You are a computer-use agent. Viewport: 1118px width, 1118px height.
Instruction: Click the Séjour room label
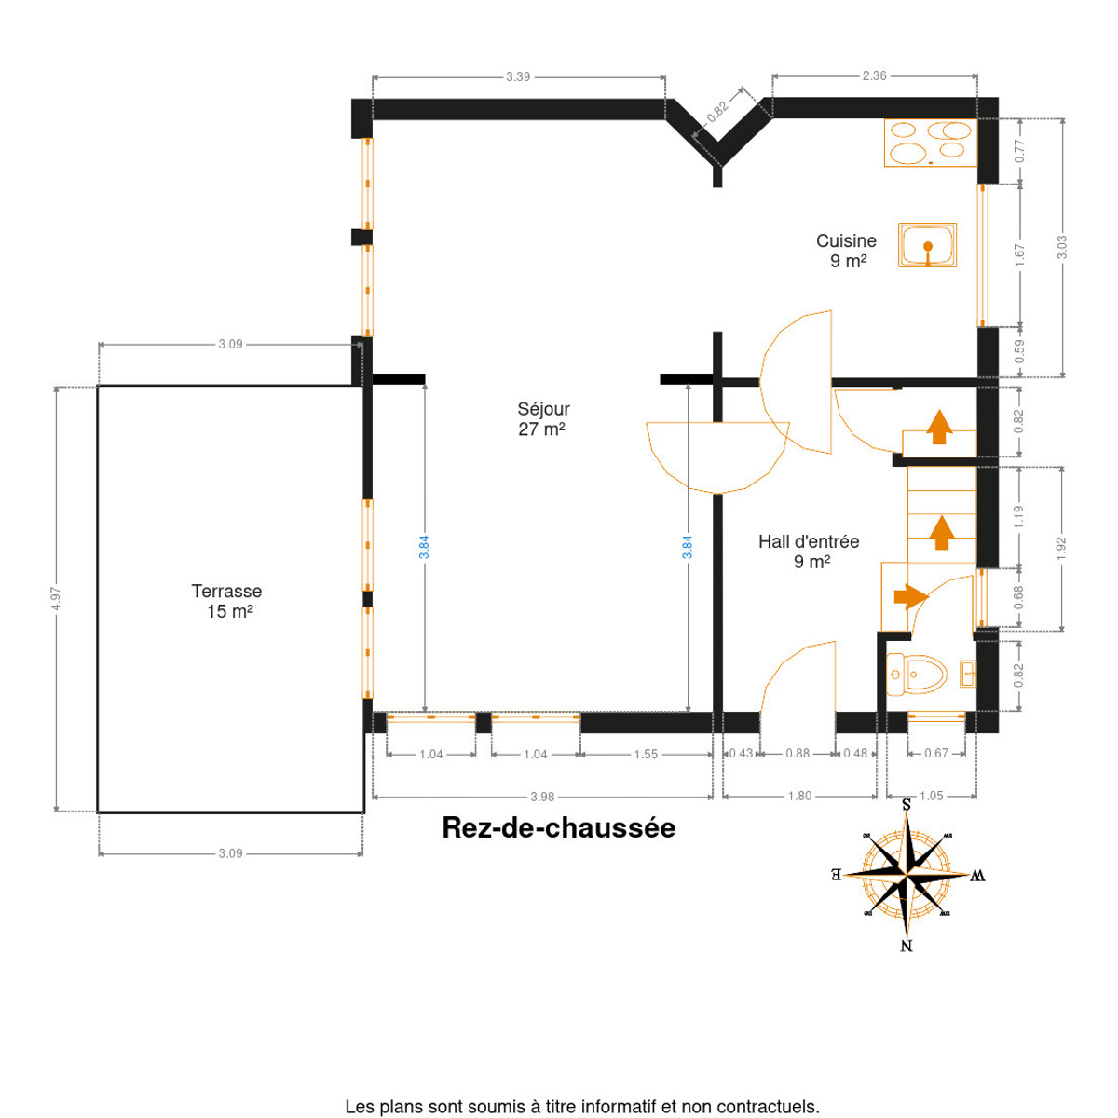pyautogui.click(x=543, y=419)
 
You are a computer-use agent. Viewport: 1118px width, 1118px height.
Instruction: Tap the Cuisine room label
pyautogui.click(x=846, y=251)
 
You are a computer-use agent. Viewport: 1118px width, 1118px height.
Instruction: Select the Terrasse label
pyautogui.click(x=226, y=601)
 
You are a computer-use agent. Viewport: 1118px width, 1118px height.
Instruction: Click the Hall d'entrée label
pyautogui.click(x=809, y=552)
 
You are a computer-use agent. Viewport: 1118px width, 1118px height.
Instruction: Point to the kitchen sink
pyautogui.click(x=927, y=245)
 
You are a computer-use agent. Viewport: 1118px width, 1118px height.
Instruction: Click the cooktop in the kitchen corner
pyautogui.click(x=931, y=143)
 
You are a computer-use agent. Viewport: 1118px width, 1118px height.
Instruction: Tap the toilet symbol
pyautogui.click(x=917, y=675)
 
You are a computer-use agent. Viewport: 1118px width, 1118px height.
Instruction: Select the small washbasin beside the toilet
pyautogui.click(x=968, y=675)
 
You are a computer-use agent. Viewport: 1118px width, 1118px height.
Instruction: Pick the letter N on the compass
pyautogui.click(x=907, y=946)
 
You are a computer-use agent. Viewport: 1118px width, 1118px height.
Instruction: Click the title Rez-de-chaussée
pyautogui.click(x=559, y=828)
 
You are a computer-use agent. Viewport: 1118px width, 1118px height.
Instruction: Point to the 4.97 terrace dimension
pyautogui.click(x=56, y=598)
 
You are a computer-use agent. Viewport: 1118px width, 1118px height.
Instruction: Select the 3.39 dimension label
pyautogui.click(x=518, y=76)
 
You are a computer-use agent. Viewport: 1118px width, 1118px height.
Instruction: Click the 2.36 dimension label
pyautogui.click(x=874, y=75)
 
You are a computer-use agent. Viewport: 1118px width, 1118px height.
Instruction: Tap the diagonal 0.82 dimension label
pyautogui.click(x=717, y=112)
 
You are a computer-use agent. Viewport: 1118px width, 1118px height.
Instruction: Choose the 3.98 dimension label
pyautogui.click(x=542, y=798)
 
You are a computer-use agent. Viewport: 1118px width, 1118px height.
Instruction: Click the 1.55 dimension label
pyautogui.click(x=646, y=755)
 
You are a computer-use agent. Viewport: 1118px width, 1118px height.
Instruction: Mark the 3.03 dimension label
pyautogui.click(x=1062, y=247)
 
